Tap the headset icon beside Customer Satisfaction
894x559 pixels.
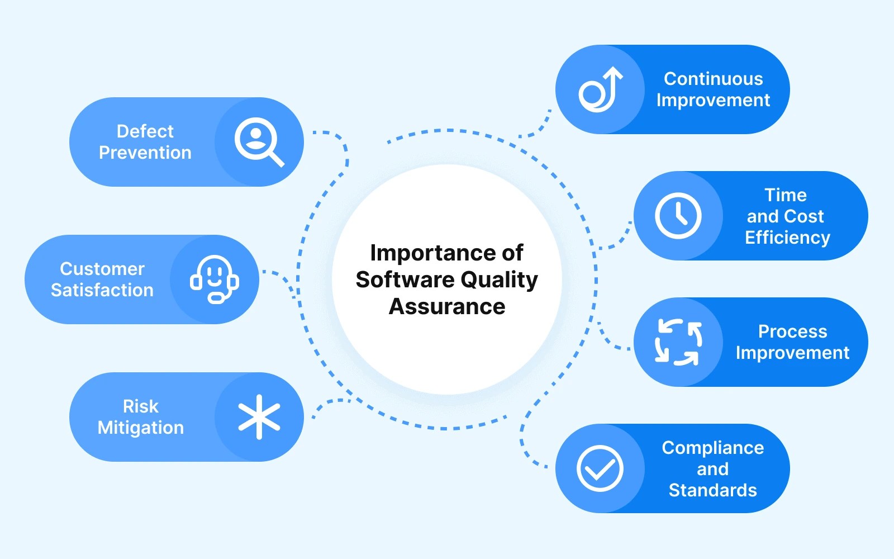(214, 279)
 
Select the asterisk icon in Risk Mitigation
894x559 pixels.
(259, 417)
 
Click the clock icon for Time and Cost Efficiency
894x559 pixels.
(678, 216)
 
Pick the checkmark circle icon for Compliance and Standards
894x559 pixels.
(600, 468)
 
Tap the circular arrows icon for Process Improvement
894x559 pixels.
(678, 342)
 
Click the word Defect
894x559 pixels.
(145, 131)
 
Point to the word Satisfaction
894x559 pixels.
(102, 290)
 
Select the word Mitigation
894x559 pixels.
(141, 428)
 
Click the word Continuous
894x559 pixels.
(713, 79)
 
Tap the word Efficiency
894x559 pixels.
(787, 238)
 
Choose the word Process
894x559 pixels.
(792, 331)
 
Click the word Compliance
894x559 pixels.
(713, 448)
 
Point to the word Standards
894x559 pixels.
(713, 490)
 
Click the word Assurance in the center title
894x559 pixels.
(447, 306)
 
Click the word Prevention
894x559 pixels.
(145, 153)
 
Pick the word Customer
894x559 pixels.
(102, 269)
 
